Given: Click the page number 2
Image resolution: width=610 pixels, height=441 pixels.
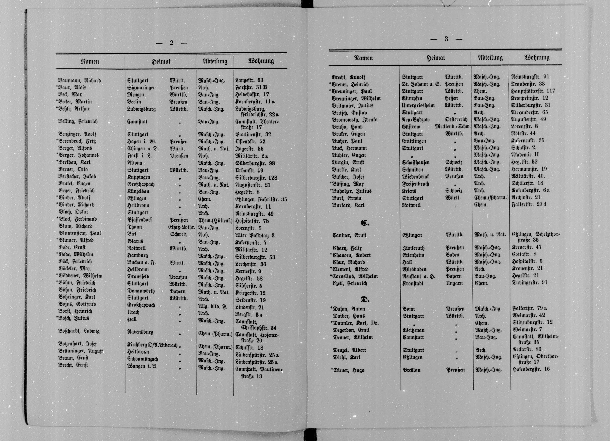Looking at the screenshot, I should [171, 43].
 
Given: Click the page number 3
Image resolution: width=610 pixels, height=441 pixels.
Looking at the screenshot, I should [446, 39].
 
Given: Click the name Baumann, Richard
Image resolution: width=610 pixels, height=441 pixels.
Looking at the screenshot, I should [79, 80].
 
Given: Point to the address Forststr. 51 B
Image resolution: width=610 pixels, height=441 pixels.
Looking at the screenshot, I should [251, 87].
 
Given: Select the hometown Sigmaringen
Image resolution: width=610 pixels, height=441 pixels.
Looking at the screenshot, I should [141, 88].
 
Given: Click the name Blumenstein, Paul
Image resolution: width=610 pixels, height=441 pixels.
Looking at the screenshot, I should [80, 233].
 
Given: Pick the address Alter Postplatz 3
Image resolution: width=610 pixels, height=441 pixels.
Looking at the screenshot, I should [255, 235].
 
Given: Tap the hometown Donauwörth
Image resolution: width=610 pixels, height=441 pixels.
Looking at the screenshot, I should [141, 291].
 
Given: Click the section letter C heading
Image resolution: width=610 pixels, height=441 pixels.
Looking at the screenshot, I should [365, 223].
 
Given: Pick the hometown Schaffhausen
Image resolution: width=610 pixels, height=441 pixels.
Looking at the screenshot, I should [416, 162].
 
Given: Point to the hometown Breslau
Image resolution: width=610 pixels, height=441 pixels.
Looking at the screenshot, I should [412, 370].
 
